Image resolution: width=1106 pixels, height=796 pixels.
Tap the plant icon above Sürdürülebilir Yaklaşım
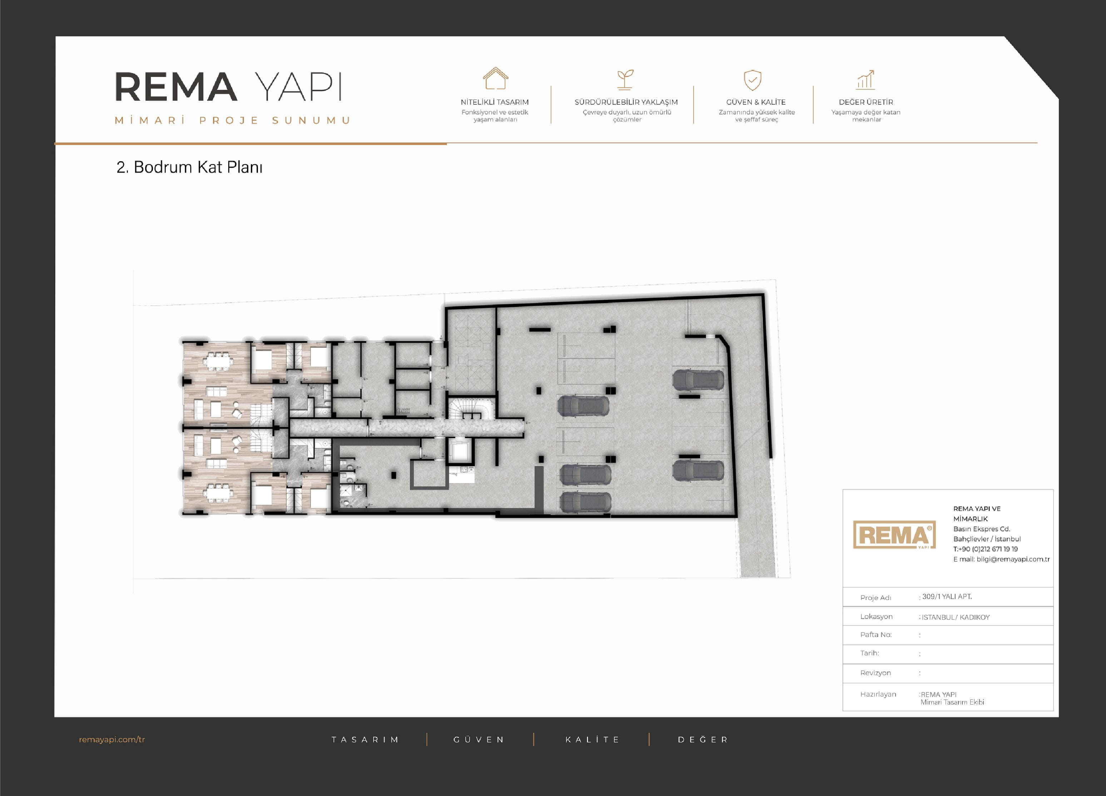(x=625, y=79)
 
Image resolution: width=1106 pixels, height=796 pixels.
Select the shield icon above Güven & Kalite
(x=753, y=80)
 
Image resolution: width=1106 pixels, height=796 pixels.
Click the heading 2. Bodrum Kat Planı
(x=189, y=167)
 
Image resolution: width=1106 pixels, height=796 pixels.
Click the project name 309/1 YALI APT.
(x=947, y=597)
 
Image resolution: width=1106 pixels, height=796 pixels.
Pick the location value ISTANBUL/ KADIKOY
(x=955, y=617)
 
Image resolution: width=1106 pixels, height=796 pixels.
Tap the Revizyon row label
(x=876, y=673)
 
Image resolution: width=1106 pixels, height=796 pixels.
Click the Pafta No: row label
(x=876, y=635)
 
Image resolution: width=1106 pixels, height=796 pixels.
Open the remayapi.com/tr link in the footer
(x=112, y=740)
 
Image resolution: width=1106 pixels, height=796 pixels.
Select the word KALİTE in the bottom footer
(x=592, y=740)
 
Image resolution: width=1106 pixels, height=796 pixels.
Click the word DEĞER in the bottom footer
(x=703, y=740)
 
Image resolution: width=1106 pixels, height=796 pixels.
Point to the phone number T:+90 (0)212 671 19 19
(x=985, y=549)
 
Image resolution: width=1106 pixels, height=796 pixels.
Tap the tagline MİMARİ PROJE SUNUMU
(x=233, y=120)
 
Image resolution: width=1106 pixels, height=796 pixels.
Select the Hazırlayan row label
(x=878, y=694)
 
